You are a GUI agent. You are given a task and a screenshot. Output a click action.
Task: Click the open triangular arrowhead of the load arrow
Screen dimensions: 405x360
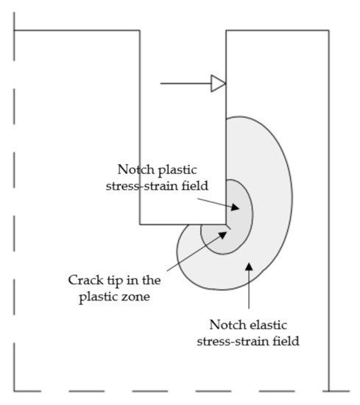pyautogui.click(x=218, y=83)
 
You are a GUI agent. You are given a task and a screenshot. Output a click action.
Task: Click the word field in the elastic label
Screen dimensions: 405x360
pyautogui.click(x=283, y=341)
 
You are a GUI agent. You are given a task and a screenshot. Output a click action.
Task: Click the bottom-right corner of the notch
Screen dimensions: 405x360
pyautogui.click(x=226, y=224)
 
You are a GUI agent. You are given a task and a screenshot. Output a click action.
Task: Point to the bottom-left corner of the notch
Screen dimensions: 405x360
pyautogui.click(x=140, y=224)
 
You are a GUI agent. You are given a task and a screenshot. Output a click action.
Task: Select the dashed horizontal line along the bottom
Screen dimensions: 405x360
pyautogui.click(x=177, y=390)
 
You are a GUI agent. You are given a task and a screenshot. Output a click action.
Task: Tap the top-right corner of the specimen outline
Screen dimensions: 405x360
pyautogui.click(x=329, y=31)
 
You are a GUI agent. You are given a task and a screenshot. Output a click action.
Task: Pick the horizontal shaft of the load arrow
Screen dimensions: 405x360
pyautogui.click(x=184, y=83)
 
